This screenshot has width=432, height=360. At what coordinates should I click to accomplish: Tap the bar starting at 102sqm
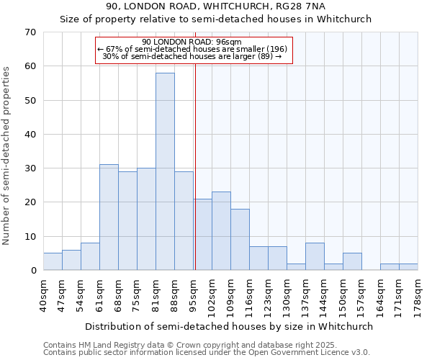221,231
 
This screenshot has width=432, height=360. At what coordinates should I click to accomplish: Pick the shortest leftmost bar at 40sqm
53,262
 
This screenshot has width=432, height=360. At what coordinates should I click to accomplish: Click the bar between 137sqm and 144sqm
315,257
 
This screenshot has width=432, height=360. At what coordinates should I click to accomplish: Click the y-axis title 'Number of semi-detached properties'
7,156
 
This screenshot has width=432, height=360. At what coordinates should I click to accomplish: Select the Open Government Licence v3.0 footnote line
207,352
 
